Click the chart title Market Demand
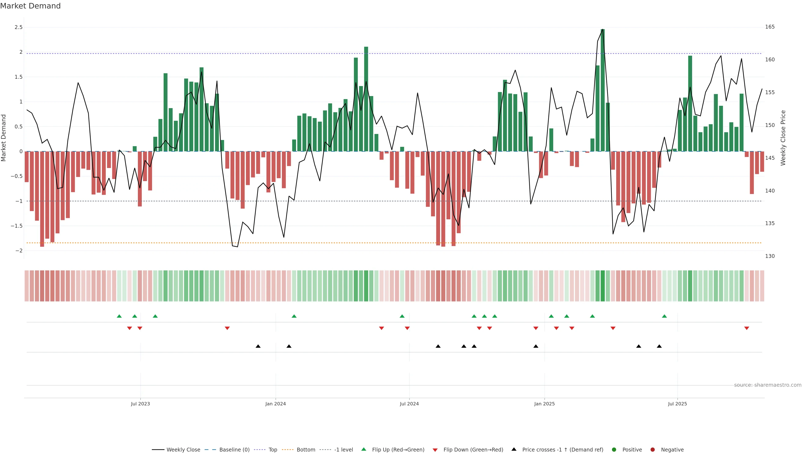(30, 6)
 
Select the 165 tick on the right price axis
(770, 27)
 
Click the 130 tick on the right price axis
(770, 256)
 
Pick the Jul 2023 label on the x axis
(140, 404)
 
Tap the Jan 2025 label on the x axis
(544, 404)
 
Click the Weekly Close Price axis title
(783, 138)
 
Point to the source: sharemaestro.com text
(768, 385)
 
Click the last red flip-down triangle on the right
(746, 328)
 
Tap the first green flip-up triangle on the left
(119, 316)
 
